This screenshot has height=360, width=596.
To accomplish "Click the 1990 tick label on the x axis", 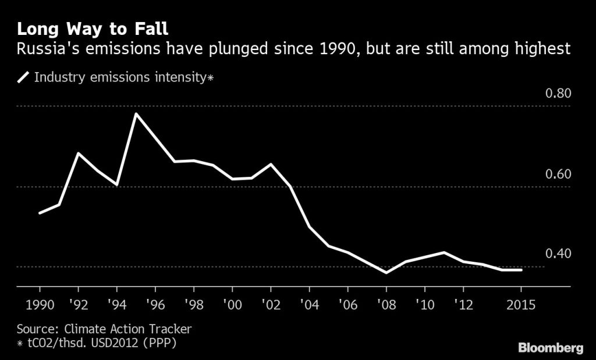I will tap(40, 305).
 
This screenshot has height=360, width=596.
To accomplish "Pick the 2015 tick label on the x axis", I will tap(521, 305).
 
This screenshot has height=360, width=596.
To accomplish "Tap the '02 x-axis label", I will tap(271, 305).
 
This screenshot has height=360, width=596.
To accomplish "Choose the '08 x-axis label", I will tap(386, 305).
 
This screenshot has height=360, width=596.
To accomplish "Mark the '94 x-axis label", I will tap(117, 305).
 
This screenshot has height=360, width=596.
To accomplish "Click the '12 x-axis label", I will tap(463, 305).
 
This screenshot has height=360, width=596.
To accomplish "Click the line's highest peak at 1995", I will tap(136, 113).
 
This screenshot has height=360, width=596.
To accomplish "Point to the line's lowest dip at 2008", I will tap(386, 272).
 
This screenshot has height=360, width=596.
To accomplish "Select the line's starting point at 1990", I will tap(40, 213).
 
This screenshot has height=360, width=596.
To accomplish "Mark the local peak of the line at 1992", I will tap(79, 153).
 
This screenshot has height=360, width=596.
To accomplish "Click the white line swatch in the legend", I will tap(24, 77).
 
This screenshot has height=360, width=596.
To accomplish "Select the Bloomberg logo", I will tap(551, 348).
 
